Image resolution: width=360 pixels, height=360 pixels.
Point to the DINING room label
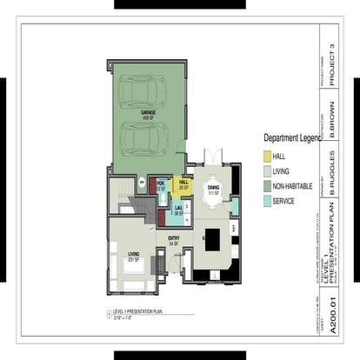[212, 189]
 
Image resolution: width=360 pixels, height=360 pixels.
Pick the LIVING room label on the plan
[134, 255]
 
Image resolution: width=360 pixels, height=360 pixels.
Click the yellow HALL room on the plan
[183, 184]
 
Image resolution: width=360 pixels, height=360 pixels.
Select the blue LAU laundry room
[178, 209]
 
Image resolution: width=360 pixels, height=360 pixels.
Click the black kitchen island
[214, 248]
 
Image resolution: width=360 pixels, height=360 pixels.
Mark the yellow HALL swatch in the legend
[268, 156]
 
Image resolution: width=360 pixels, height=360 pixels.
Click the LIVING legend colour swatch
[268, 170]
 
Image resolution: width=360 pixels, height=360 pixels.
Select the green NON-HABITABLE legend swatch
[268, 185]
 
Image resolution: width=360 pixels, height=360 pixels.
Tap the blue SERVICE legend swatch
[268, 201]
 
